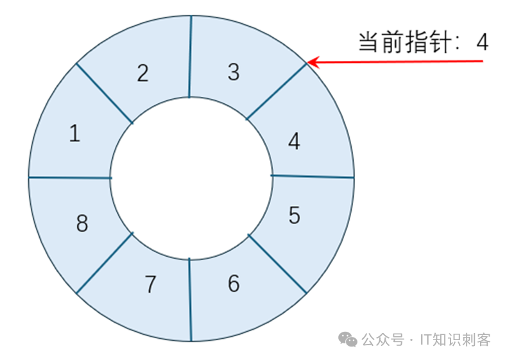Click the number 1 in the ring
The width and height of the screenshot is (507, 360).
coord(74,133)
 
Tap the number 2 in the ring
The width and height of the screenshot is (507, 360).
coord(142,73)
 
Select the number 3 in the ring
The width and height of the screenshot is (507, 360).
coord(234,72)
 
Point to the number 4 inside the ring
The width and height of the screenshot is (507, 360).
coord(294,141)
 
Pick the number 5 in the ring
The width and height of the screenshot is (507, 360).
coord(294,216)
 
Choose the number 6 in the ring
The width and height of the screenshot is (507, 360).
coord(234,283)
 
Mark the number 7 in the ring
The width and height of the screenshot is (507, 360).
coord(150,284)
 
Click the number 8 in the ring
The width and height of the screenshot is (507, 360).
coord(82,224)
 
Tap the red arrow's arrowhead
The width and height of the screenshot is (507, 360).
coord(311,62)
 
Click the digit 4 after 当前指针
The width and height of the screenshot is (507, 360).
coord(482,42)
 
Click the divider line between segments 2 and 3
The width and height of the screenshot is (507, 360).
coord(191,56)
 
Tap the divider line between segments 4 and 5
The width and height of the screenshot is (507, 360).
coord(313,176)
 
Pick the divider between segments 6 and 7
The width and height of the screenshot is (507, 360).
coord(190,299)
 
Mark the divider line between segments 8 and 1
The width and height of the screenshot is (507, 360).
coord(69,177)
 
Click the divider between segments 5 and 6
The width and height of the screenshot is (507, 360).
coord(277,263)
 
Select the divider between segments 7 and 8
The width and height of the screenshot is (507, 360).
coord(105,263)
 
